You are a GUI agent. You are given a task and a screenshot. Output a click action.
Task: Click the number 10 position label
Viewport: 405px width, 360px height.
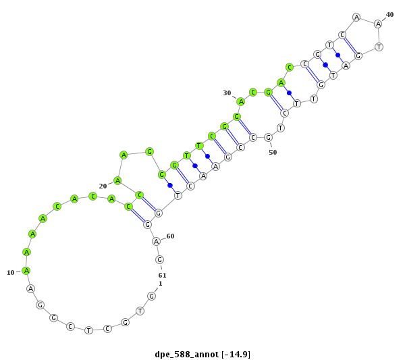(x=11, y=273)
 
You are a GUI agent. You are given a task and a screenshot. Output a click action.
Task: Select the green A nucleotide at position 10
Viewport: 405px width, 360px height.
(x=26, y=271)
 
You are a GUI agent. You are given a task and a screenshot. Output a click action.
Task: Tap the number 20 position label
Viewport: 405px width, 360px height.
(x=103, y=186)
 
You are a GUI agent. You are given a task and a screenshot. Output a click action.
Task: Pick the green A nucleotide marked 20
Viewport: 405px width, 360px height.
(x=117, y=180)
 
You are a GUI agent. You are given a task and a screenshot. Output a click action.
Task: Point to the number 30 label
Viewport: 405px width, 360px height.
(x=227, y=93)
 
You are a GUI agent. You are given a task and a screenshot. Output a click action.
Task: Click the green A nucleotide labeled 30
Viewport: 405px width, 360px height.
(x=241, y=102)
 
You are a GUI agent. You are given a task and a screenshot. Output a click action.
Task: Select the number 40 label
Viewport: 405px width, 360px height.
(x=389, y=15)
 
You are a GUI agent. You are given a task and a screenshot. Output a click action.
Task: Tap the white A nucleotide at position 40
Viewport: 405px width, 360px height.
(x=379, y=24)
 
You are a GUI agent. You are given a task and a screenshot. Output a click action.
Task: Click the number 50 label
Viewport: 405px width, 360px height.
(x=273, y=153)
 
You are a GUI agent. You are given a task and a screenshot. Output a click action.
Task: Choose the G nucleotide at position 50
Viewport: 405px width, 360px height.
(x=269, y=138)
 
